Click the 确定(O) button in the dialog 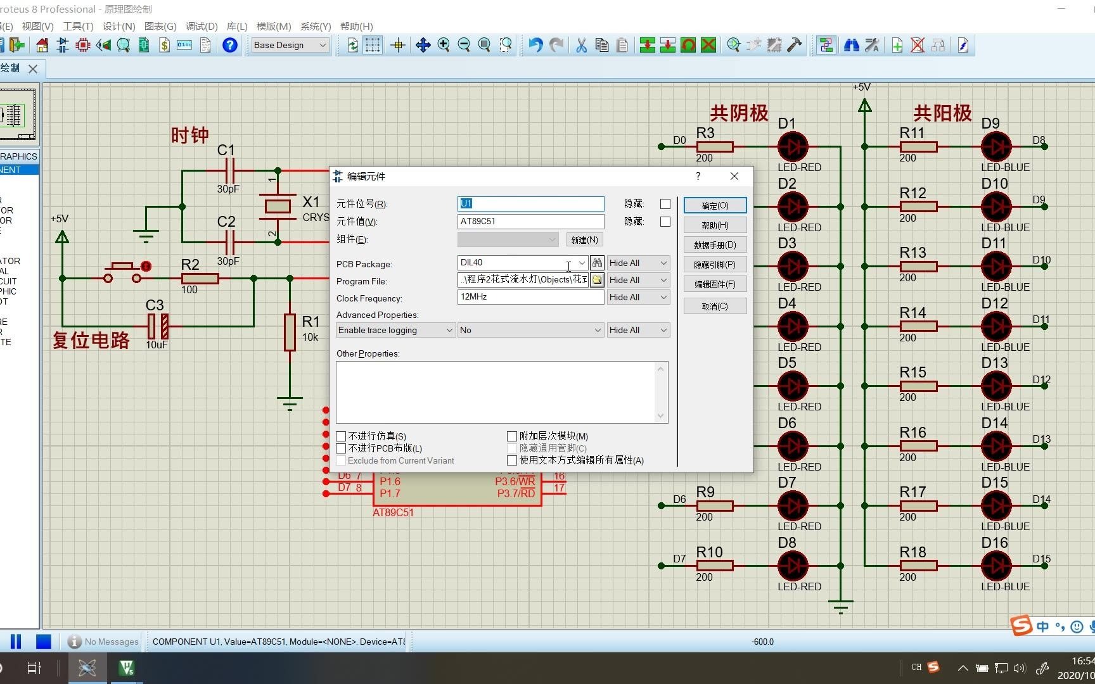(715, 205)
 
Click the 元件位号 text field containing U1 (530, 203)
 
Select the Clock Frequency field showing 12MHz (530, 297)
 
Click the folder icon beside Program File (597, 280)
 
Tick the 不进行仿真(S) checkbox (341, 436)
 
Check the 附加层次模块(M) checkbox (512, 436)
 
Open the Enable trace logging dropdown (395, 330)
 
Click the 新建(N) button (584, 239)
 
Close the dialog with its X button (734, 176)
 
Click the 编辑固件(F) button (715, 284)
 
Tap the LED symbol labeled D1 (793, 147)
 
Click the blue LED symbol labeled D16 (996, 566)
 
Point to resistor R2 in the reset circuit (200, 278)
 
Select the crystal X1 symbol (278, 206)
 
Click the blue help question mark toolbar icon (230, 45)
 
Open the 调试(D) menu (202, 26)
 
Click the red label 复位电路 (91, 340)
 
